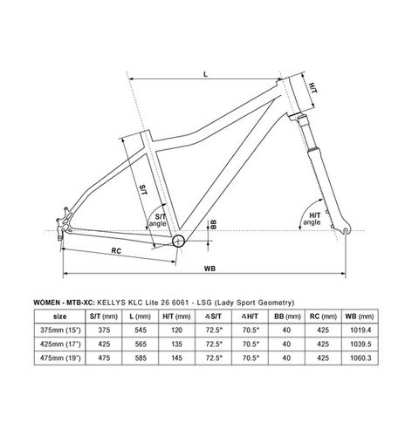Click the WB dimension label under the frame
209,269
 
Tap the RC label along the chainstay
116,250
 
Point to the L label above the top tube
206,74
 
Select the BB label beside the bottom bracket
213,224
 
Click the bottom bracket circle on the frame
179,241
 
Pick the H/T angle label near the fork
312,219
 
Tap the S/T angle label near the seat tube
157,220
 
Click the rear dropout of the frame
64,225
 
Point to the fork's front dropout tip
346,231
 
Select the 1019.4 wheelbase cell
360,330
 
